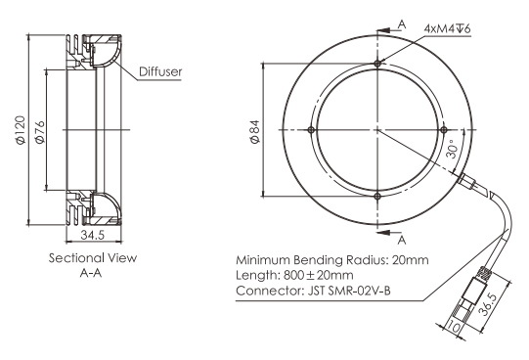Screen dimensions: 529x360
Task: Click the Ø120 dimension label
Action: click(x=21, y=130)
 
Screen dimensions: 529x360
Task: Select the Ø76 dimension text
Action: click(x=39, y=132)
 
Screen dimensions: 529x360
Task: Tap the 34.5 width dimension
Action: click(x=93, y=235)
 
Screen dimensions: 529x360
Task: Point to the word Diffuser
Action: click(x=160, y=71)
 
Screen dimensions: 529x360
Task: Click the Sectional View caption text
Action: click(x=93, y=258)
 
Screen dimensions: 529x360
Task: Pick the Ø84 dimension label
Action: click(x=255, y=132)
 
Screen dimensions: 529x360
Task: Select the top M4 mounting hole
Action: click(x=377, y=64)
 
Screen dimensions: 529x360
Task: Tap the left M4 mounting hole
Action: click(x=311, y=130)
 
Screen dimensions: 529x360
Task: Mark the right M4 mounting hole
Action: click(x=444, y=129)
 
